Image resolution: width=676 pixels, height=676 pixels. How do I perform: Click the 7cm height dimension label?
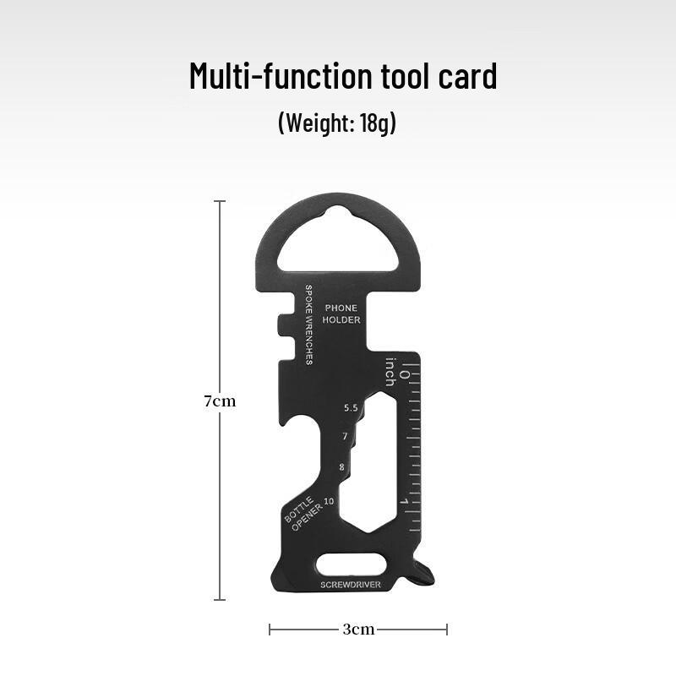tap(220, 401)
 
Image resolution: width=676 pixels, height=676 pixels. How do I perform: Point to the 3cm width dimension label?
tap(358, 630)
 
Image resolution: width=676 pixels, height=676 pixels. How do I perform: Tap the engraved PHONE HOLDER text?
tap(341, 313)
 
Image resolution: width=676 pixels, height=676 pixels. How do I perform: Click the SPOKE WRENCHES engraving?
tap(308, 324)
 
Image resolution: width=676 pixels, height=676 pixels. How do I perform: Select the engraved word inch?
tap(390, 372)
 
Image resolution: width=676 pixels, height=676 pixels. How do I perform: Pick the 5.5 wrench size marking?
tap(351, 408)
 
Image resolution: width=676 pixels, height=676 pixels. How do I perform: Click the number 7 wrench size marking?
tap(345, 436)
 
